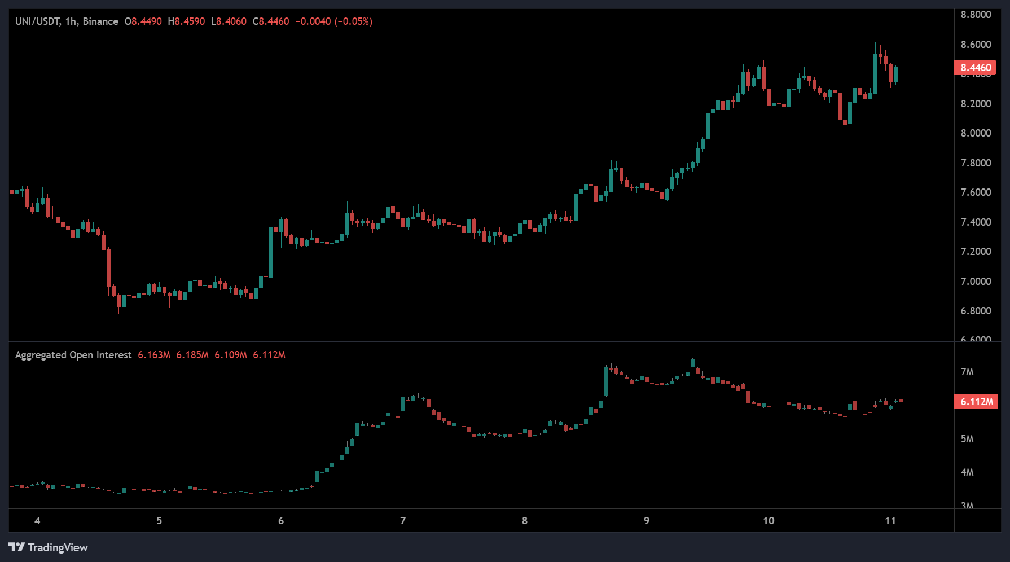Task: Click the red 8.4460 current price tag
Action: coord(976,68)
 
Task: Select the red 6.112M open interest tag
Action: coord(976,402)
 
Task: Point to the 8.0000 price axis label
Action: coord(976,133)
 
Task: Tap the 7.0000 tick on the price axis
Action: coord(976,282)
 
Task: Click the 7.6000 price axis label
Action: coord(976,192)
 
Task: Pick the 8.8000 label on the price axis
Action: coord(976,15)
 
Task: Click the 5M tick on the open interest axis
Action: coord(967,439)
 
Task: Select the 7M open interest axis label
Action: coord(967,372)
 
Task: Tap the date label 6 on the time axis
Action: coord(281,521)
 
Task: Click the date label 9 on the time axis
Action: coord(647,521)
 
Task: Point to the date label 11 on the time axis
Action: coord(890,521)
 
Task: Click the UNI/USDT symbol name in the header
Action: coord(37,21)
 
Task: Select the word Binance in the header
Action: coord(100,21)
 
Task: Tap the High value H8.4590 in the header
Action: coord(186,21)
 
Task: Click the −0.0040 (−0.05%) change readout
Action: coord(334,21)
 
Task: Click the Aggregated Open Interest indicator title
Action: coord(73,355)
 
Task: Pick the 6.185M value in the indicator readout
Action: coord(192,355)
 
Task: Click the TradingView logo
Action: coord(49,547)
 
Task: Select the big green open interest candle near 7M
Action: coord(606,381)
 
